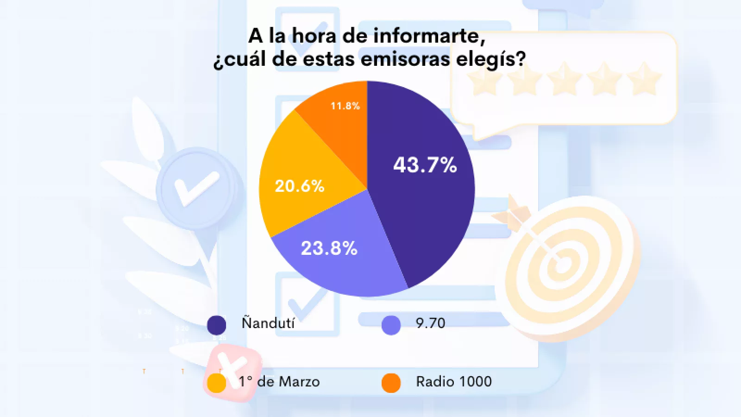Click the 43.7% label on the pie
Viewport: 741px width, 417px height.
tap(425, 165)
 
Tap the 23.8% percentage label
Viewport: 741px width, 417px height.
tap(329, 248)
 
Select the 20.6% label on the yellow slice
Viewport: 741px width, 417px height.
tap(300, 186)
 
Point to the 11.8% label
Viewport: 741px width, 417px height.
tap(345, 106)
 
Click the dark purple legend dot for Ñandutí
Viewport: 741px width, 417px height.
tap(216, 325)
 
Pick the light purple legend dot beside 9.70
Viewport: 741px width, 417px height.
tap(391, 325)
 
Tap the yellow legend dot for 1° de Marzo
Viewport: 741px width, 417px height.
tap(216, 383)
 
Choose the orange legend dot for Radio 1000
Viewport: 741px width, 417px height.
tap(391, 383)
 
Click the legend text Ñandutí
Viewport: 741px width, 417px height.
tap(268, 322)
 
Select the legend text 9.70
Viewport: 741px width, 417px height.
tap(430, 323)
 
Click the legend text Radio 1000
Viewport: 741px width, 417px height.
tap(454, 381)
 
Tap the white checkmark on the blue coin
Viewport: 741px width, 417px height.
tap(196, 188)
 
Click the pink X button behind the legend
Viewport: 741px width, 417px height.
tap(232, 368)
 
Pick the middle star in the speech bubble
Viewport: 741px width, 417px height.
tap(565, 79)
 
